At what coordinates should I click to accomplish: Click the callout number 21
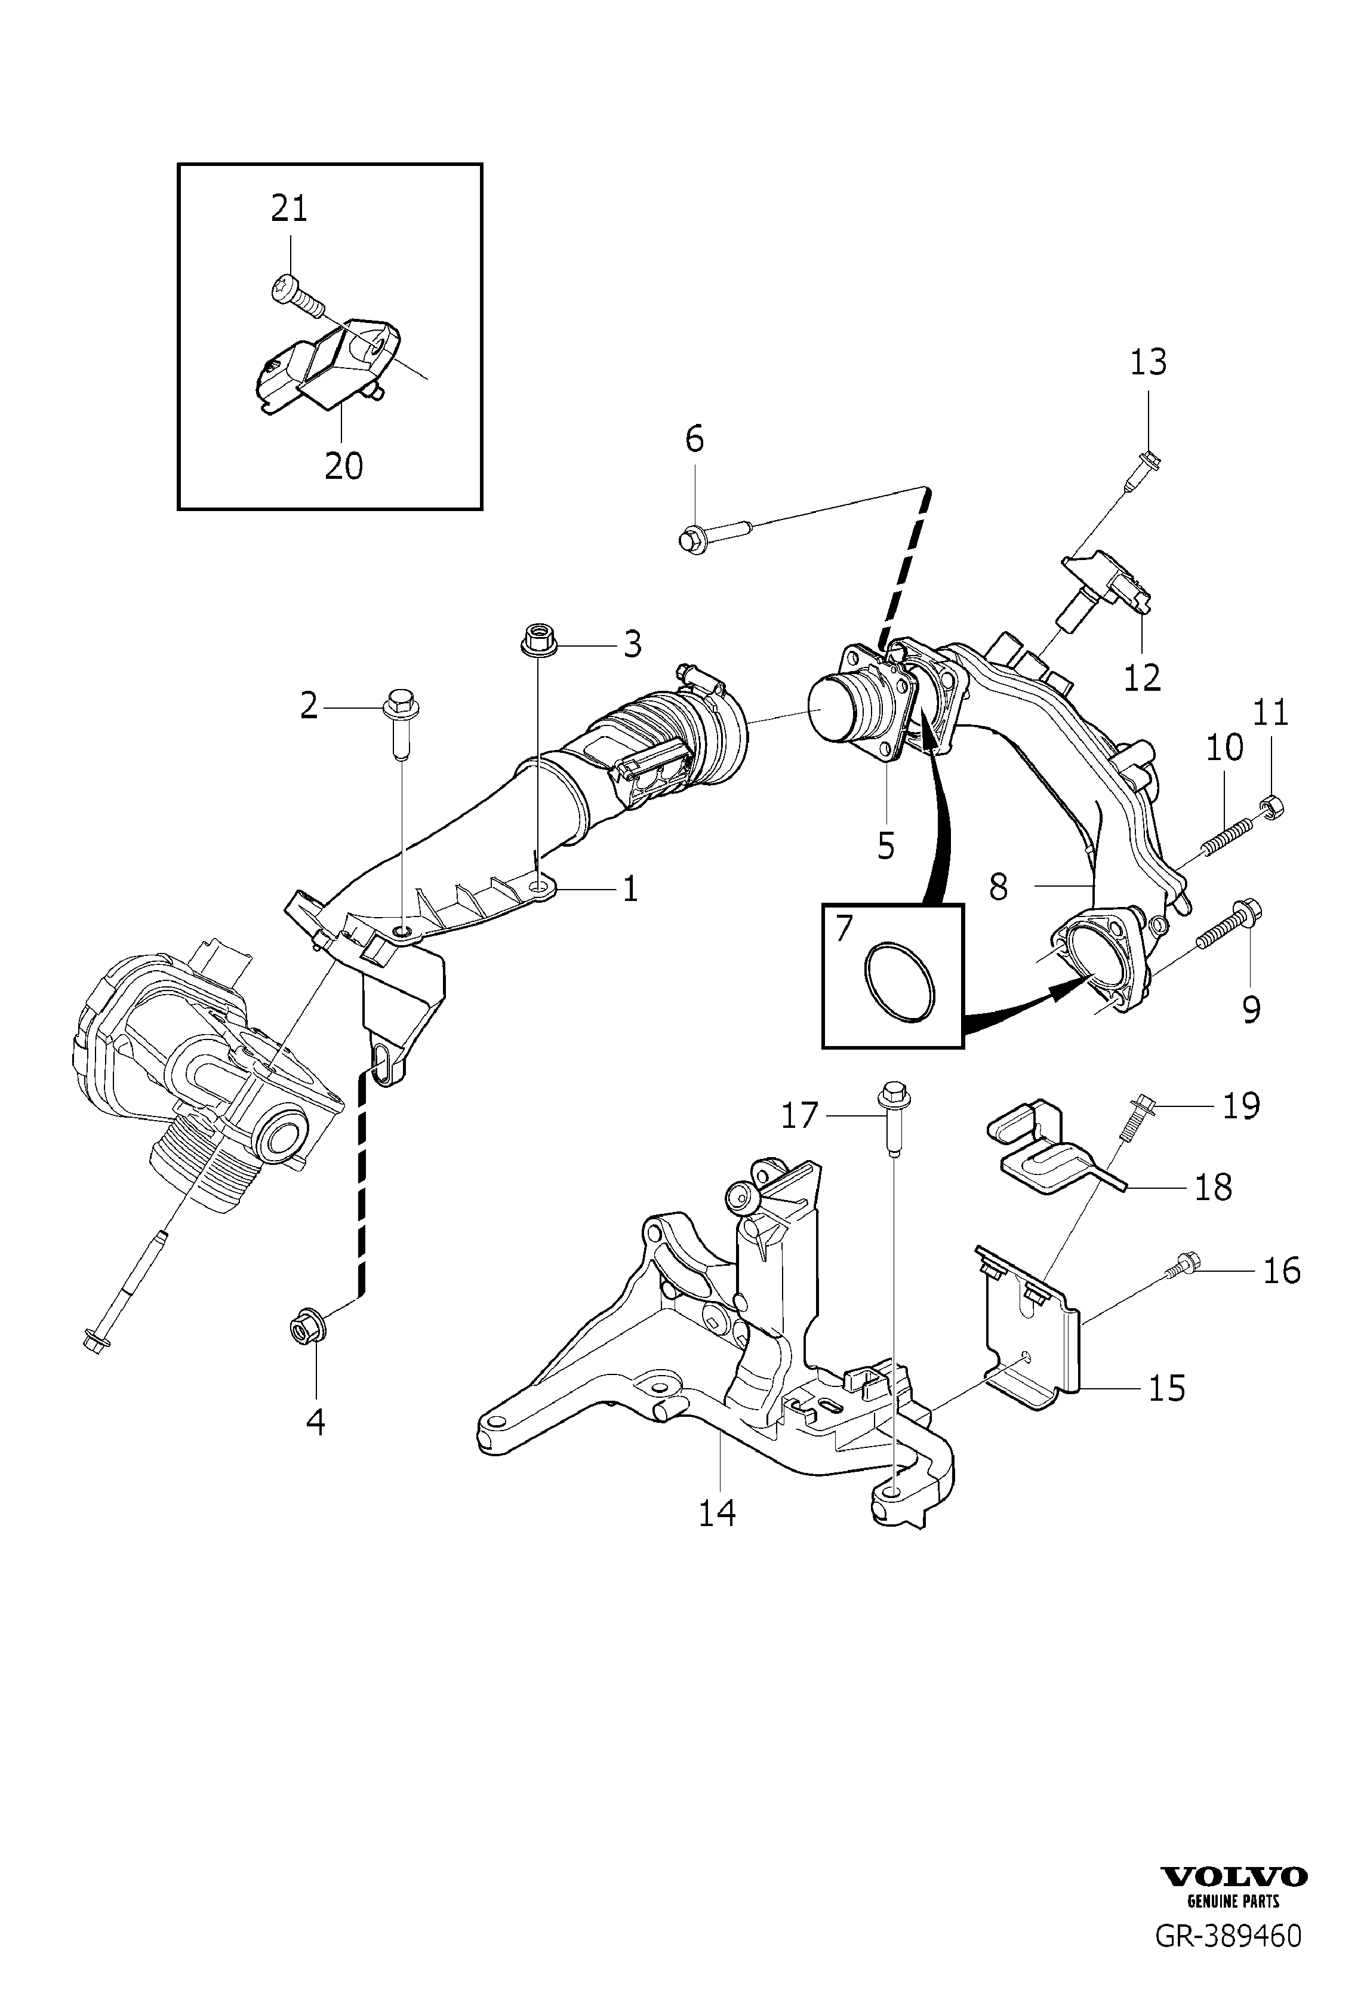tap(290, 208)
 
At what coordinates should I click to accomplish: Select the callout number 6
tap(694, 439)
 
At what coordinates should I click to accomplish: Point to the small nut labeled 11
tap(1272, 805)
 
